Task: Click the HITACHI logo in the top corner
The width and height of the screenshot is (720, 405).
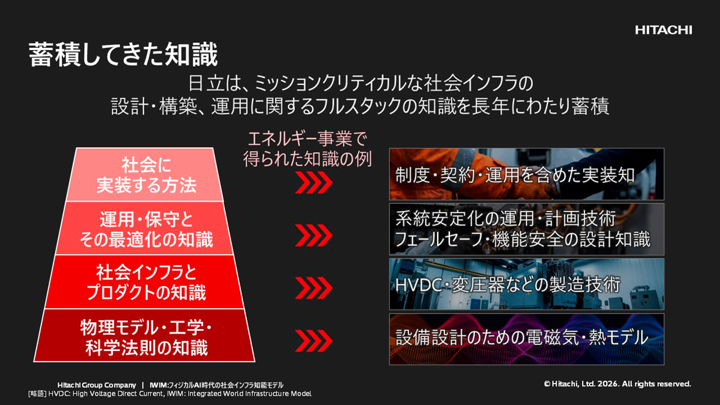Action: coord(663,30)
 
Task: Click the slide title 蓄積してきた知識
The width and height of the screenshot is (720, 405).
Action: coord(123,54)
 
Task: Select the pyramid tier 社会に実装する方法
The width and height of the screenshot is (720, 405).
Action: coord(145,175)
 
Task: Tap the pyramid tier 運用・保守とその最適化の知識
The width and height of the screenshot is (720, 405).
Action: coord(145,228)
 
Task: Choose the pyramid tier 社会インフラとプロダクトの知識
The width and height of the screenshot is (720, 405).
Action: coord(145,282)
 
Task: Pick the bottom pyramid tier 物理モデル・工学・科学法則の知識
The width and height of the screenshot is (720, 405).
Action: coord(145,336)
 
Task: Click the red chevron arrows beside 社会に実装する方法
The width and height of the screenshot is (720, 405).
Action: coord(313,182)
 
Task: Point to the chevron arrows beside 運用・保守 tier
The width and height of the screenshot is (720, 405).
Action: coord(313,235)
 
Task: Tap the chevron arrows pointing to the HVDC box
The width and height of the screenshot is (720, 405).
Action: coord(313,288)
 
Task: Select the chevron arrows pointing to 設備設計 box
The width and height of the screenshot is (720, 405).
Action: coord(313,341)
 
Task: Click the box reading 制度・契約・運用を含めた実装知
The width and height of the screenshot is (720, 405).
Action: coord(527,174)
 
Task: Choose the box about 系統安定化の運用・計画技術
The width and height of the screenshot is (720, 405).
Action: coord(527,229)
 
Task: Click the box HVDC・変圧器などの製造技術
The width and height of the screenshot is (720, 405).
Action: coord(527,284)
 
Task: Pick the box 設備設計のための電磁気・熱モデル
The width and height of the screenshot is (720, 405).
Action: coord(527,339)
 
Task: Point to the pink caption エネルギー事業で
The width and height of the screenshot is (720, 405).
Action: coord(308,139)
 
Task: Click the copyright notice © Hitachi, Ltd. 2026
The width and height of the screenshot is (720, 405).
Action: coord(617,384)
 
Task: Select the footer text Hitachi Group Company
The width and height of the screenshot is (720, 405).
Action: coord(97,385)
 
